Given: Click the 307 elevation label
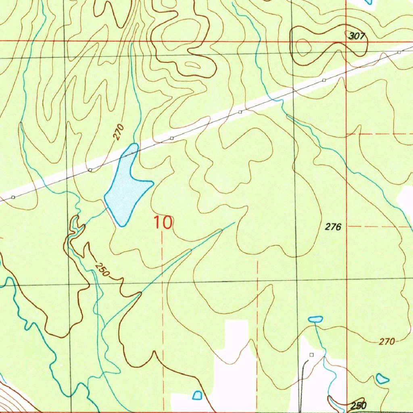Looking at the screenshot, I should click(357, 36).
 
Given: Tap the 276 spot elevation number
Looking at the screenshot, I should click(333, 227).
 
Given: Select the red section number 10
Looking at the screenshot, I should click(163, 223).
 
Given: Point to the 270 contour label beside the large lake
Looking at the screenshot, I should click(118, 133).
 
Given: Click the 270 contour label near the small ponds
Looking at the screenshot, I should click(386, 342).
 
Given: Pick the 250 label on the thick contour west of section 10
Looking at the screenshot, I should click(102, 270).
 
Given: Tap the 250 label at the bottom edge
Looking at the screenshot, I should click(359, 405).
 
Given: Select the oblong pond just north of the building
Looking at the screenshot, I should click(315, 319).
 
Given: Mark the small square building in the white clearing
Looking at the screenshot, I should click(311, 355).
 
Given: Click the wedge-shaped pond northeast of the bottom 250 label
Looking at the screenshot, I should click(382, 379).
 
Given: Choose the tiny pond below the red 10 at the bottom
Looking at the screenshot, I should click(197, 395).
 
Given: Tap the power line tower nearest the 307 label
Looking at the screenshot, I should click(398, 52).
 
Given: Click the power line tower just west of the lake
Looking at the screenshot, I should click(90, 170).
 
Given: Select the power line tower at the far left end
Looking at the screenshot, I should click(13, 197).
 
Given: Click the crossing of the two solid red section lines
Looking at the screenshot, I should click(347, 41).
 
